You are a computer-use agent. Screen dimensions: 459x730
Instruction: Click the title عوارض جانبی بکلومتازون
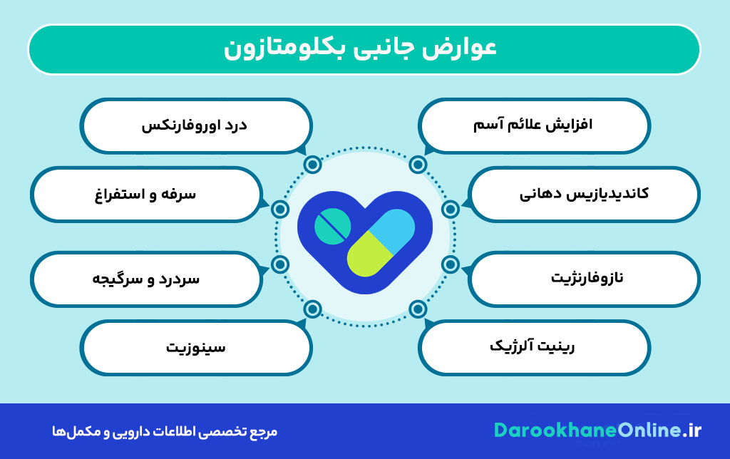(x=364, y=49)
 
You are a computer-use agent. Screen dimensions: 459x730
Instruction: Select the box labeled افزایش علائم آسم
(x=535, y=125)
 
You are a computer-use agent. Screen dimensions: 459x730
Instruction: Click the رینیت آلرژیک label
(x=535, y=347)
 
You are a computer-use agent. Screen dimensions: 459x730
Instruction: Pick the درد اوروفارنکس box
(x=195, y=125)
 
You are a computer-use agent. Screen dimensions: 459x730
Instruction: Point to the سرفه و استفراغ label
(x=145, y=194)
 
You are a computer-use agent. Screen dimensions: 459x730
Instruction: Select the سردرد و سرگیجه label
(x=145, y=277)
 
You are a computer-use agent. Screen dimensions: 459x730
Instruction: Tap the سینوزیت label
(x=195, y=347)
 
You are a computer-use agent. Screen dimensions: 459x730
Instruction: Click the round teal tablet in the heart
(x=332, y=227)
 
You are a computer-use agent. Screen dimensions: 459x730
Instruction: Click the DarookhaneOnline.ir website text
(x=597, y=430)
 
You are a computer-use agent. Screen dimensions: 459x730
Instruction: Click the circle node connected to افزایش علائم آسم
(x=418, y=165)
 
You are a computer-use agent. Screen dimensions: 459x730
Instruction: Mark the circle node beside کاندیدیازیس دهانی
(x=450, y=209)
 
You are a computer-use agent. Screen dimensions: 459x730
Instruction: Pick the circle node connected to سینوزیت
(x=312, y=309)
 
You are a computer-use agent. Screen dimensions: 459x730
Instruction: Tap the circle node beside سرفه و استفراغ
(x=280, y=209)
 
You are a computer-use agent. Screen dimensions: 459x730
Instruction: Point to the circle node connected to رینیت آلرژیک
(x=418, y=309)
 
